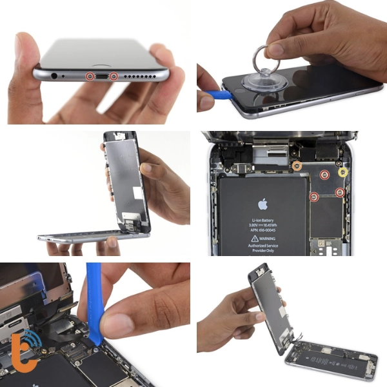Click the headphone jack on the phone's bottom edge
63,75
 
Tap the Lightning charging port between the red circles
101,77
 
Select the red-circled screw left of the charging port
89,77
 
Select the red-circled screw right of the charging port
114,77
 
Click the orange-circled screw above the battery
297,166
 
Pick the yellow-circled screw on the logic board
343,172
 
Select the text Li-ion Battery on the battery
263,220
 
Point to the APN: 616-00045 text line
263,230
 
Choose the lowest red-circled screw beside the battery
314,197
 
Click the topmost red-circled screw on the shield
325,174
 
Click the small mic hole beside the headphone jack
76,76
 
